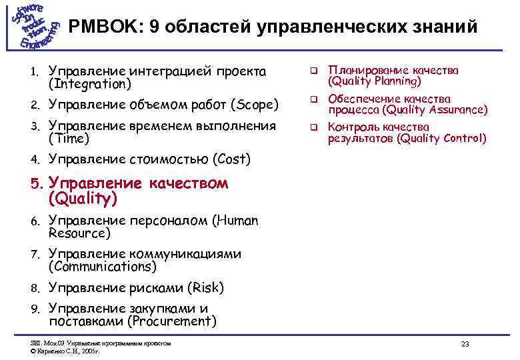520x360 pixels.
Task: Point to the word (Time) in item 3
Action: [x=69, y=139]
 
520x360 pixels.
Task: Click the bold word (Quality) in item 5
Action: [x=83, y=198]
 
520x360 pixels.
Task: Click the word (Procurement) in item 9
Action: [x=173, y=321]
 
